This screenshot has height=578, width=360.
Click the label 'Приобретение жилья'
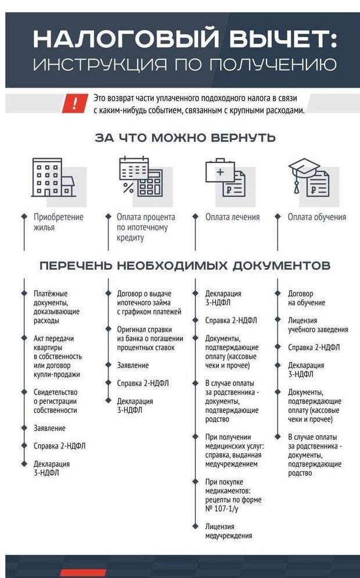tap(58, 222)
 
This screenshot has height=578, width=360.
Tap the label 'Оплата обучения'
tap(317, 217)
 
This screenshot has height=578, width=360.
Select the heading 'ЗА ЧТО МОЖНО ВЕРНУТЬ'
tap(185, 138)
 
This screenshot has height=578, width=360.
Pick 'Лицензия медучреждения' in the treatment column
tap(228, 531)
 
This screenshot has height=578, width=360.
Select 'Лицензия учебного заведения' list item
tap(318, 324)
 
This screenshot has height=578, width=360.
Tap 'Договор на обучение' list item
tap(307, 298)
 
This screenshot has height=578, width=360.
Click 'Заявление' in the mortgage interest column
tap(132, 366)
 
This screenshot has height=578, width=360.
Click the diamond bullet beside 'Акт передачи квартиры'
tap(24, 338)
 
